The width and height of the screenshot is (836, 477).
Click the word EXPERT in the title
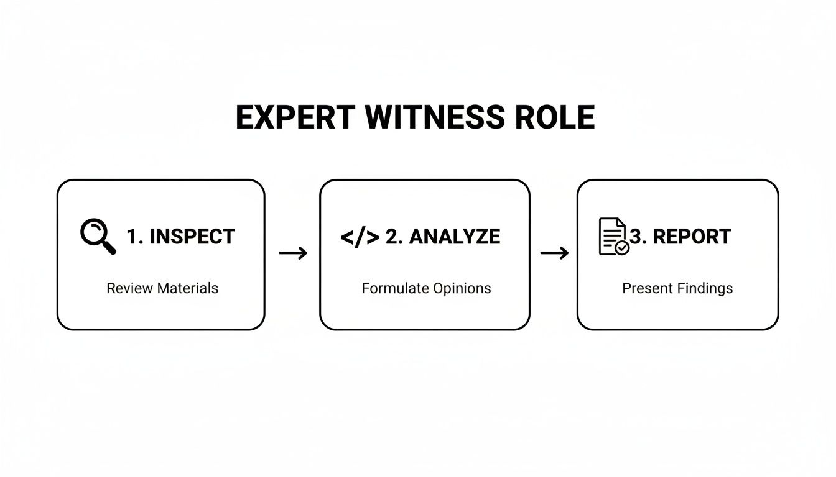[x=295, y=117]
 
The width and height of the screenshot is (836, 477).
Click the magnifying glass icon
[x=98, y=237]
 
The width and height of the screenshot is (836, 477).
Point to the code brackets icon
[x=360, y=237]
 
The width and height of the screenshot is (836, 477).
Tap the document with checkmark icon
[x=613, y=237]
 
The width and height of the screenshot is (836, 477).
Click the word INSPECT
[x=192, y=237]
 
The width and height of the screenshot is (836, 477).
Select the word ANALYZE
[x=455, y=237]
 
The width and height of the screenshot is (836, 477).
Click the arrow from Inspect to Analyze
[x=293, y=253]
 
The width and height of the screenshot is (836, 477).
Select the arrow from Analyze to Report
[x=554, y=253]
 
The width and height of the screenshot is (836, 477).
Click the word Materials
[x=187, y=288]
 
